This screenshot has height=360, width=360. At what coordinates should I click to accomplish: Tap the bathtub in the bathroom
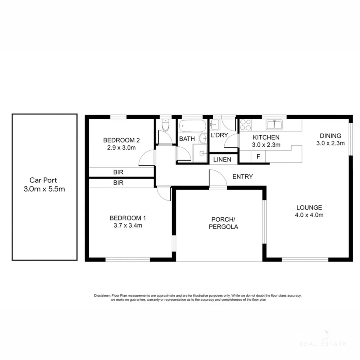click(192, 126)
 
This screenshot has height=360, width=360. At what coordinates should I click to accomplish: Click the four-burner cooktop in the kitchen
click(245, 125)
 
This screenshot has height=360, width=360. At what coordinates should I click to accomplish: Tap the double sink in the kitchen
click(274, 125)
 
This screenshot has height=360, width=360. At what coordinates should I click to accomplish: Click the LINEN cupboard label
click(222, 160)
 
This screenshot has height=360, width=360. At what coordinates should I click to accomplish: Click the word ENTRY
click(242, 176)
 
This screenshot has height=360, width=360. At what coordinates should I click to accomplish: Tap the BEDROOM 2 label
click(121, 140)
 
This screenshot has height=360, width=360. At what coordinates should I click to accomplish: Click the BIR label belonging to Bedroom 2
click(118, 172)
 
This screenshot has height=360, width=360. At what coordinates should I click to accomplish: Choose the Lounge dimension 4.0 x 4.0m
click(309, 215)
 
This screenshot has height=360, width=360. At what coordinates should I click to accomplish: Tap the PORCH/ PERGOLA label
click(224, 223)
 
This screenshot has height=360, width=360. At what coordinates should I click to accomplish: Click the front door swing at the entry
click(218, 178)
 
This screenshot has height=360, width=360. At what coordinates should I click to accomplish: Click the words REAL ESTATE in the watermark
click(323, 343)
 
